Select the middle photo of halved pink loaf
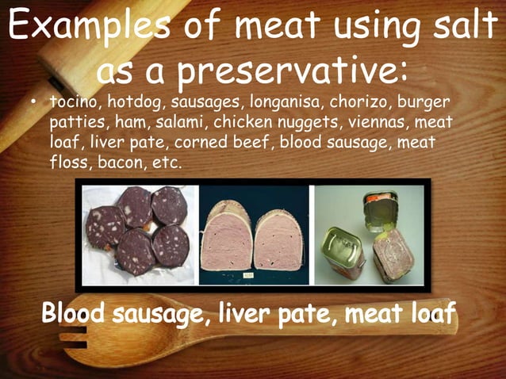(254, 234)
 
